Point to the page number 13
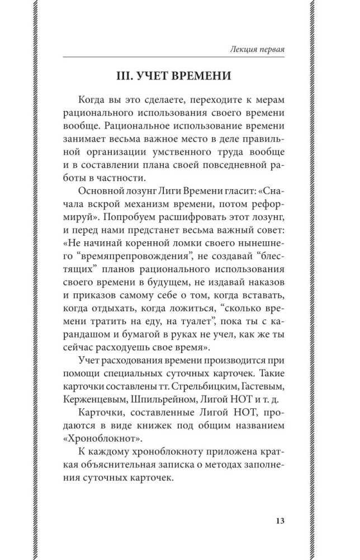(280, 520)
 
